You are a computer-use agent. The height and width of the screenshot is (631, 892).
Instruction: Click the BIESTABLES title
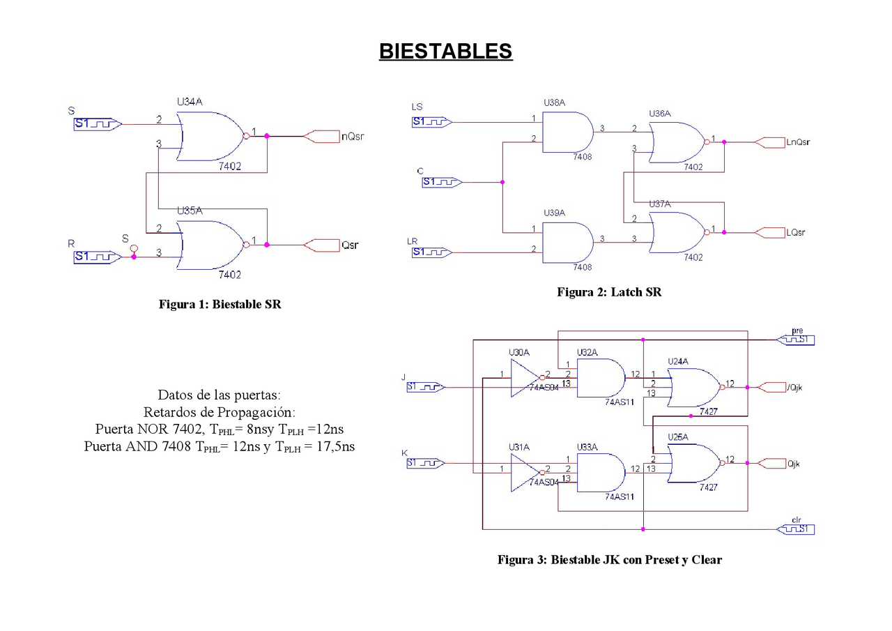click(445, 52)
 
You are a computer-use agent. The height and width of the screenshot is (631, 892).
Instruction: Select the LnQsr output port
click(774, 142)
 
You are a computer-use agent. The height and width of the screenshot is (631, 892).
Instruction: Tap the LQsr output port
click(774, 232)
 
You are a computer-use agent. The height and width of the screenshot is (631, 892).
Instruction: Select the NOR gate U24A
click(693, 387)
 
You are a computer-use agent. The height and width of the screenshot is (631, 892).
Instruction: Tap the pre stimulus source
click(795, 340)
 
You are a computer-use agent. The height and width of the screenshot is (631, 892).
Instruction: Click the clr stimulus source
click(795, 529)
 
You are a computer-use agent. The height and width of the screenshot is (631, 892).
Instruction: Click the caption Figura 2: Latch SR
click(608, 292)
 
